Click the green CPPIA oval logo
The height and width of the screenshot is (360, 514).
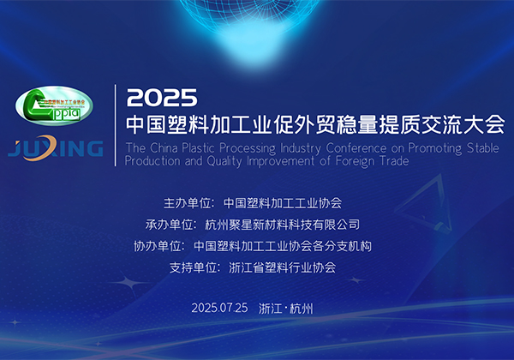(54, 105)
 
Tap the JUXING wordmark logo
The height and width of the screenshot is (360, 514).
(56, 148)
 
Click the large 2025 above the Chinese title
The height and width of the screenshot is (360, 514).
(162, 98)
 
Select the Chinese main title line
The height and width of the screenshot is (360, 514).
(315, 124)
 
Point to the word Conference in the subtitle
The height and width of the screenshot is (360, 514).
(356, 148)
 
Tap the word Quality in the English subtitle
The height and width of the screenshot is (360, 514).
(224, 161)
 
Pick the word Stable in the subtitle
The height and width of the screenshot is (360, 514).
(483, 148)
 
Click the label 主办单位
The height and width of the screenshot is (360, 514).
(187, 203)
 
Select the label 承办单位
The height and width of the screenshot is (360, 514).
(169, 225)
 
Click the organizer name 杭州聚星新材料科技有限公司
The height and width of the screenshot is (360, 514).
(282, 225)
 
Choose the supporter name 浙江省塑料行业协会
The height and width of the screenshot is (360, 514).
(282, 268)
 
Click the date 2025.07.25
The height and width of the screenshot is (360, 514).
(219, 308)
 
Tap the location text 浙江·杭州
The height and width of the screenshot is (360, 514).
(286, 309)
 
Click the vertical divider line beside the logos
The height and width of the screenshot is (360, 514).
(116, 125)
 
